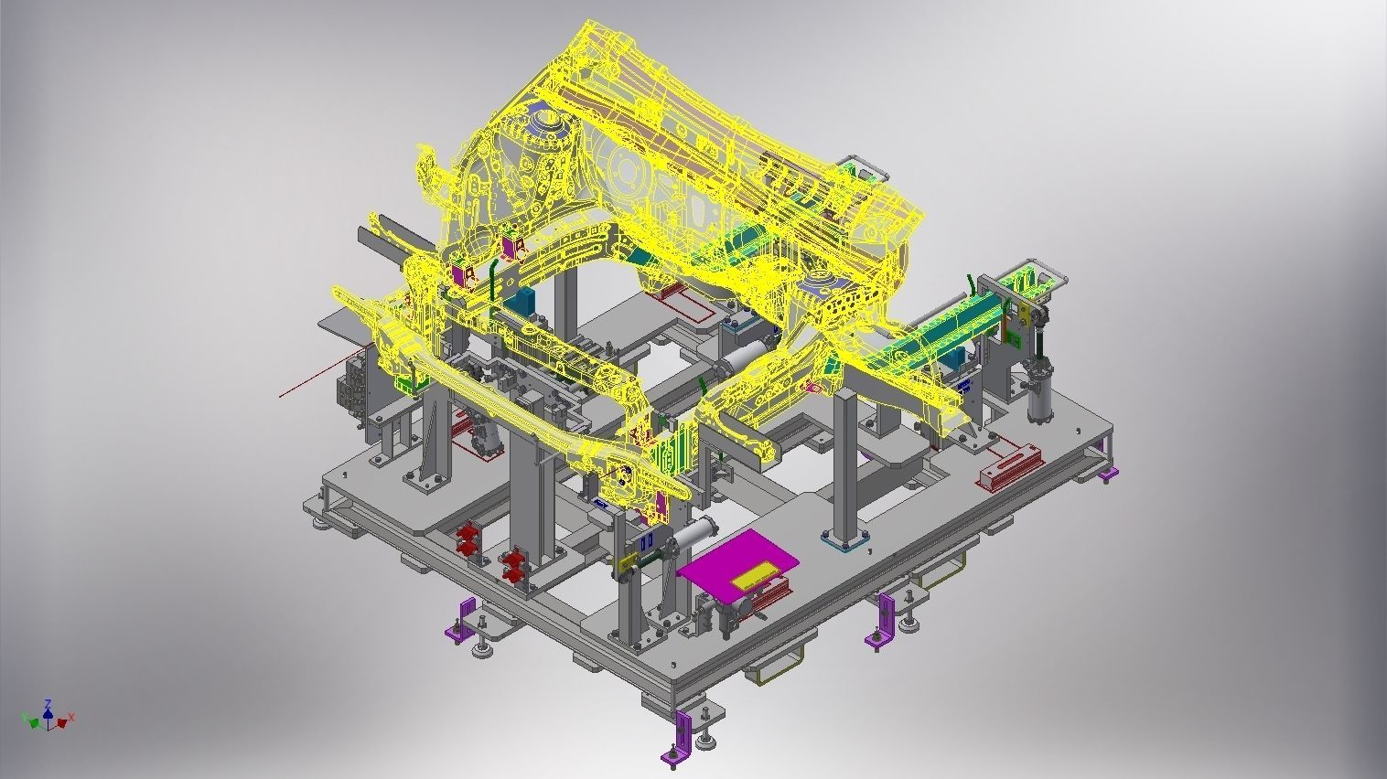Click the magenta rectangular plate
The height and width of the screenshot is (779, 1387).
click(x=732, y=568)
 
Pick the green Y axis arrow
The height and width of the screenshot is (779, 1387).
click(x=34, y=723)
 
